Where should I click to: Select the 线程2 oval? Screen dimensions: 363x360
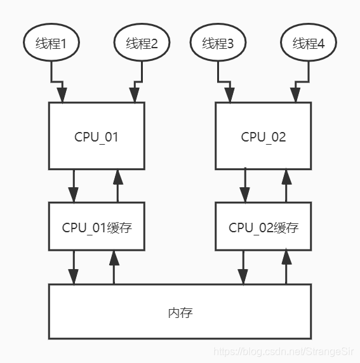click(142, 43)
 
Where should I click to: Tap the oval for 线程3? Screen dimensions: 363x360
click(218, 43)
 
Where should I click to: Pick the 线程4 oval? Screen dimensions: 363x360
click(309, 43)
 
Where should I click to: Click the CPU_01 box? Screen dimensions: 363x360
click(97, 136)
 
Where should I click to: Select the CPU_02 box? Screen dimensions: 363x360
click(263, 136)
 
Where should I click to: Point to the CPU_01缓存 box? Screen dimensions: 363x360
click(97, 227)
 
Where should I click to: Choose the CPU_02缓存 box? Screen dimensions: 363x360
click(263, 227)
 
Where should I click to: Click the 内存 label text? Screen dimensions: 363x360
click(180, 312)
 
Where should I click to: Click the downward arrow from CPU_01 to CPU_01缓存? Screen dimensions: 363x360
click(74, 185)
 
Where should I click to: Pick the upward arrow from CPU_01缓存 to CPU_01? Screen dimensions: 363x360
click(116, 185)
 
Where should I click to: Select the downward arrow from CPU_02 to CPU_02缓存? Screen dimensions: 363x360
click(243, 185)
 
